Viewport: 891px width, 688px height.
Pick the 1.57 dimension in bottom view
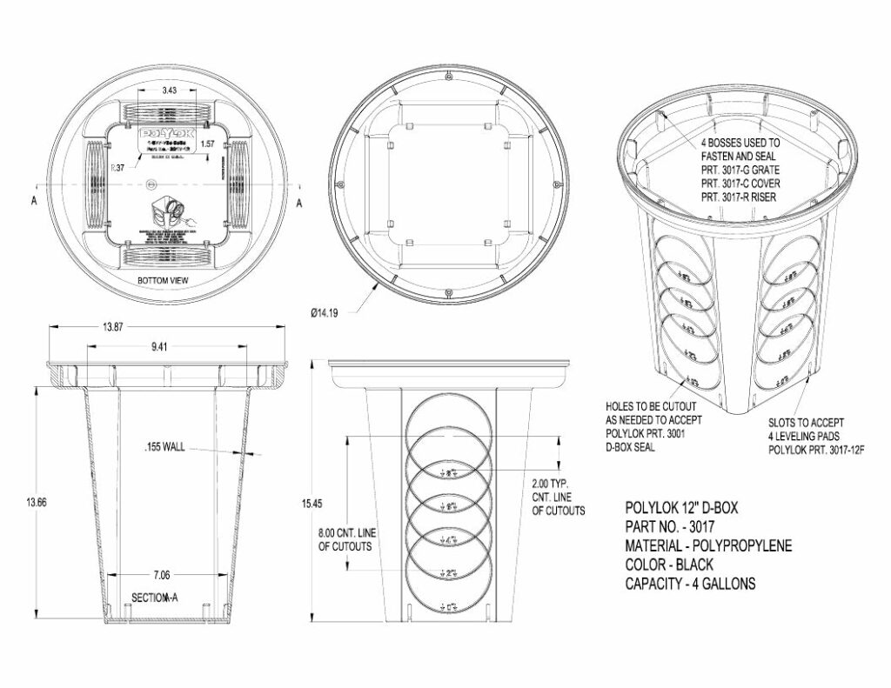pyautogui.click(x=208, y=143)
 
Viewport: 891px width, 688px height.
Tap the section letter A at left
pyautogui.click(x=32, y=203)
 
